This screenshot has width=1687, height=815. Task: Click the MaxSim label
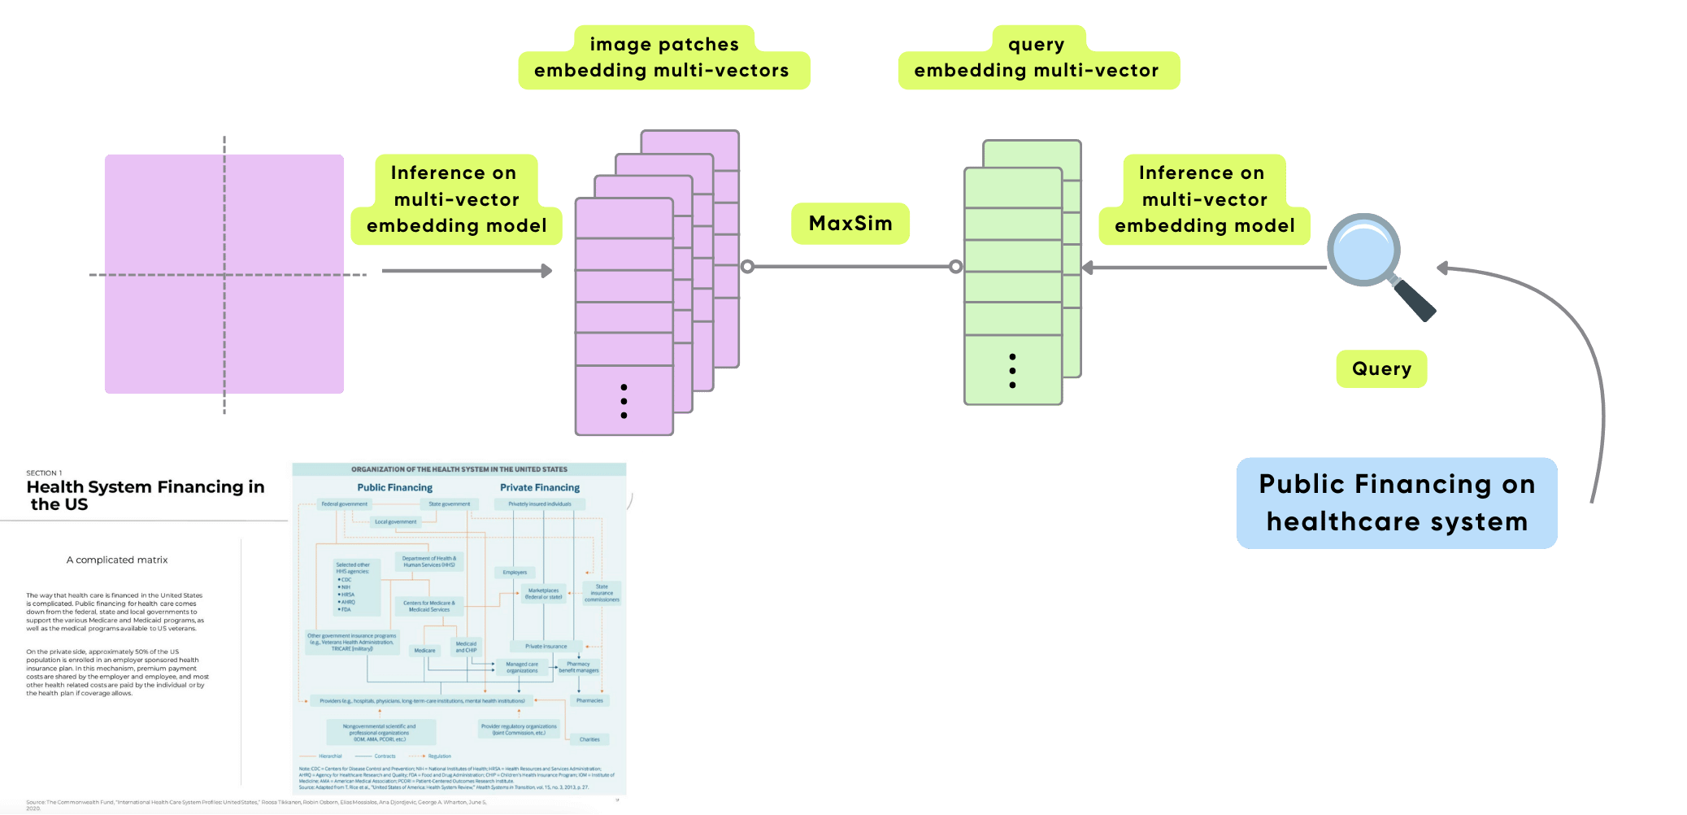(x=850, y=224)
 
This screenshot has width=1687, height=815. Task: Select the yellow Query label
(x=1381, y=368)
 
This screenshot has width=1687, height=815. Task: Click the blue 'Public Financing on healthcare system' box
(x=1397, y=503)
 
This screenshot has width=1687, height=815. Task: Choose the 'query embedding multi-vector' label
(x=1037, y=58)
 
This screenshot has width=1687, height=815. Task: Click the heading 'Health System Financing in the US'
(x=145, y=495)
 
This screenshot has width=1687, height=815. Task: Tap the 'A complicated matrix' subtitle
(x=117, y=560)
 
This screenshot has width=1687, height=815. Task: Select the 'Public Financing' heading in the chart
(x=395, y=488)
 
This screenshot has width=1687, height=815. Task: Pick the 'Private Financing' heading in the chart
(x=540, y=488)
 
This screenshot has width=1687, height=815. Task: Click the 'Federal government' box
(x=344, y=504)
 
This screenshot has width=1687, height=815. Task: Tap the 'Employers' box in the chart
(x=515, y=573)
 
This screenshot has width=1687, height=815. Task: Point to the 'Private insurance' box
(x=546, y=647)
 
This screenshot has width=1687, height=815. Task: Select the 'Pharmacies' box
(x=589, y=700)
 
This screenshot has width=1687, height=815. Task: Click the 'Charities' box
(x=589, y=739)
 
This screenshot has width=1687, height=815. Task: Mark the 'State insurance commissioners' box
(x=602, y=593)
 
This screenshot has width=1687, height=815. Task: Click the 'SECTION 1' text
(x=44, y=473)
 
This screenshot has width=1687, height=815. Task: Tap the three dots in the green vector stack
(x=1012, y=371)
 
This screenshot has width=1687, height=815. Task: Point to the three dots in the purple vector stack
(x=624, y=401)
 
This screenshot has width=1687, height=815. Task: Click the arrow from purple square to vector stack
(x=467, y=271)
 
